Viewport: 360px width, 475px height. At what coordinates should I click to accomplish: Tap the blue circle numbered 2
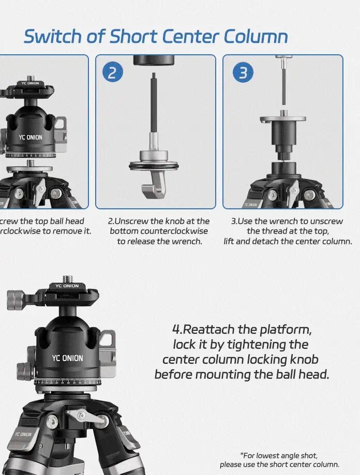112,72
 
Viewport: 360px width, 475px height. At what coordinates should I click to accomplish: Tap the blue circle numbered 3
243,72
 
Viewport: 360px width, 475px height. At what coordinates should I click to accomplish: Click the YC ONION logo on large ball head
67,358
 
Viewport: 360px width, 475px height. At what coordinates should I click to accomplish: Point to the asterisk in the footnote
242,455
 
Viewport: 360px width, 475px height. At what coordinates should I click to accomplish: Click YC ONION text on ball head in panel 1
31,137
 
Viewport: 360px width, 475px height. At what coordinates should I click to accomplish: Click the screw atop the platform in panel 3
282,112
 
